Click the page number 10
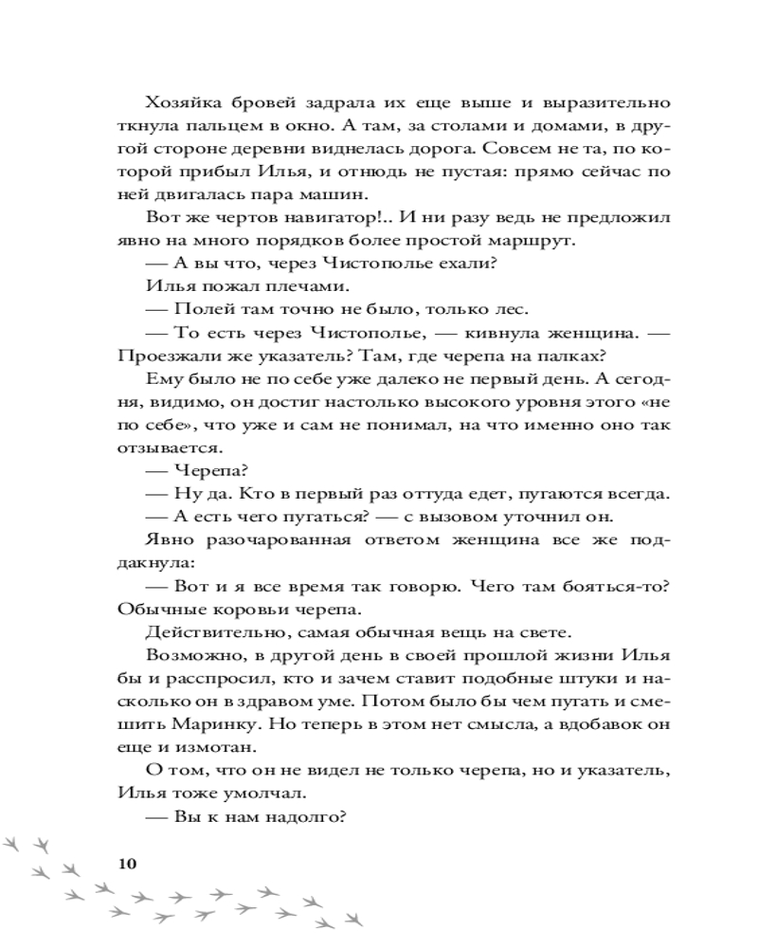tap(127, 863)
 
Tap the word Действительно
tap(214, 630)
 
